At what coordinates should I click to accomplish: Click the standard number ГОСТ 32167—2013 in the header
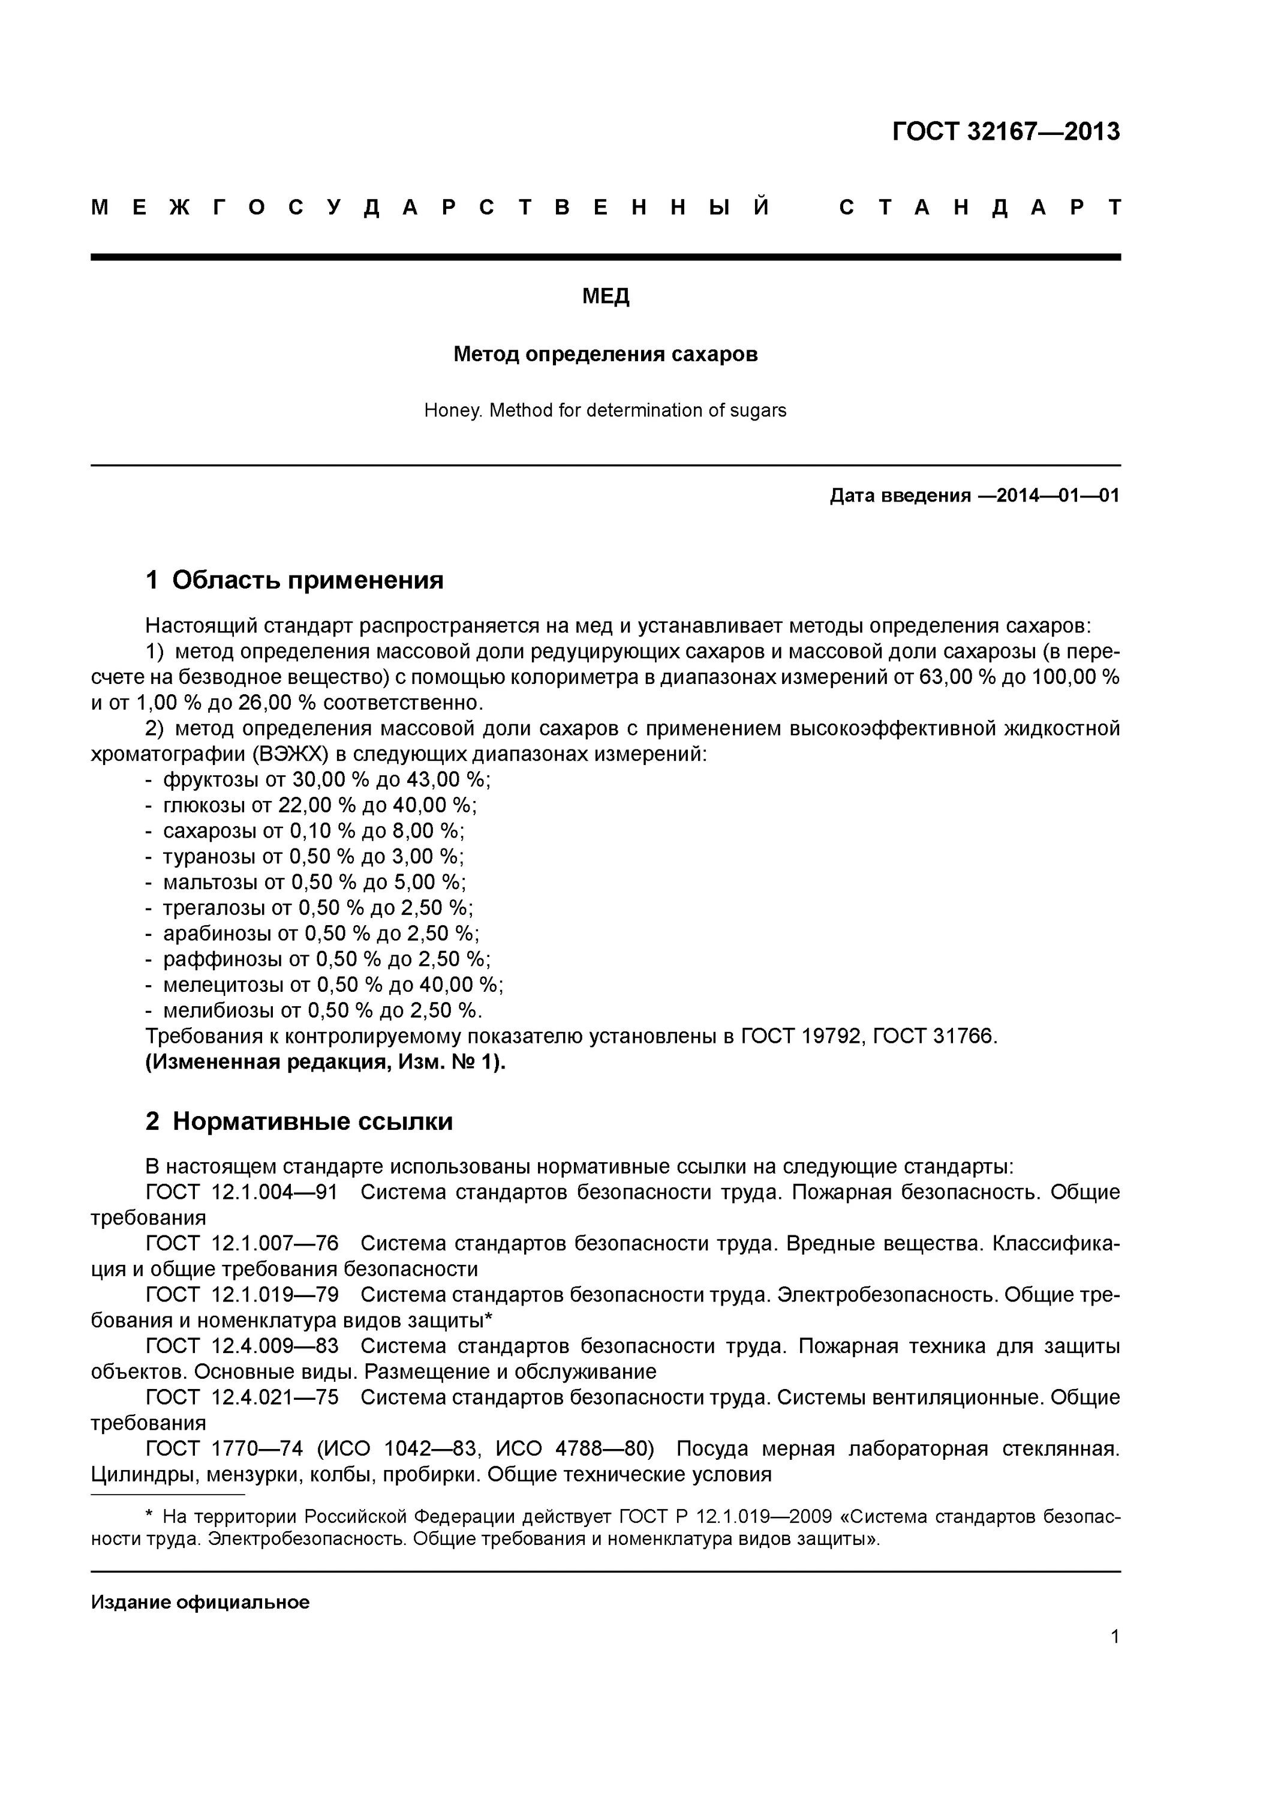click(x=1006, y=132)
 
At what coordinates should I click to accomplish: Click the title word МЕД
click(x=605, y=296)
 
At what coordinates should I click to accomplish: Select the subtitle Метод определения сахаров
click(x=605, y=355)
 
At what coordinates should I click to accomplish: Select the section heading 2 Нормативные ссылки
click(x=299, y=1121)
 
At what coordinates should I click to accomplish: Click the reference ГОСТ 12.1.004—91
click(x=242, y=1192)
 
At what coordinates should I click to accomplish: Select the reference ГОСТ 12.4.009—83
click(x=242, y=1346)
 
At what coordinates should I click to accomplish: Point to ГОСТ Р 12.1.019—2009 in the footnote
click(x=724, y=1516)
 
